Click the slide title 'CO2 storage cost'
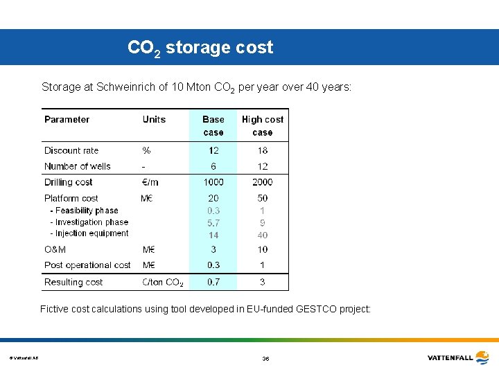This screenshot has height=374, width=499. pyautogui.click(x=200, y=48)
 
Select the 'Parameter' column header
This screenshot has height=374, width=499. pyautogui.click(x=67, y=119)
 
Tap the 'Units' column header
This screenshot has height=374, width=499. pyautogui.click(x=154, y=119)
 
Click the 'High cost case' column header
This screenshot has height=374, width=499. pyautogui.click(x=263, y=125)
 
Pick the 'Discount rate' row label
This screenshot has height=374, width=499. pyautogui.click(x=71, y=150)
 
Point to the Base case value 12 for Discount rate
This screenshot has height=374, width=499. pyautogui.click(x=213, y=150)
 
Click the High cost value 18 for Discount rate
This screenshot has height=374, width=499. pyautogui.click(x=263, y=150)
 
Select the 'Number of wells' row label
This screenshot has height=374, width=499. pyautogui.click(x=77, y=166)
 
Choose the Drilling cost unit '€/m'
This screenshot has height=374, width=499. pyautogui.click(x=150, y=182)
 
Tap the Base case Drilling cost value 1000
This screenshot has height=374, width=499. pyautogui.click(x=213, y=182)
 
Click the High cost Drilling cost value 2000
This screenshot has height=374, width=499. pyautogui.click(x=263, y=182)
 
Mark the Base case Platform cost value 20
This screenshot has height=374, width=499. pyautogui.click(x=213, y=198)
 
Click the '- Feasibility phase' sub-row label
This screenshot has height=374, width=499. pyautogui.click(x=84, y=211)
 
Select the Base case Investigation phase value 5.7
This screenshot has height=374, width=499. pyautogui.click(x=213, y=223)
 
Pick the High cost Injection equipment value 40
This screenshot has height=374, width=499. pyautogui.click(x=263, y=235)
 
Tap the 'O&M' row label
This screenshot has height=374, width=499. pyautogui.click(x=55, y=249)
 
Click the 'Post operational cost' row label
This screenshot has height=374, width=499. pyautogui.click(x=87, y=265)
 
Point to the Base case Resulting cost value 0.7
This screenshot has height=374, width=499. pyautogui.click(x=213, y=282)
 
